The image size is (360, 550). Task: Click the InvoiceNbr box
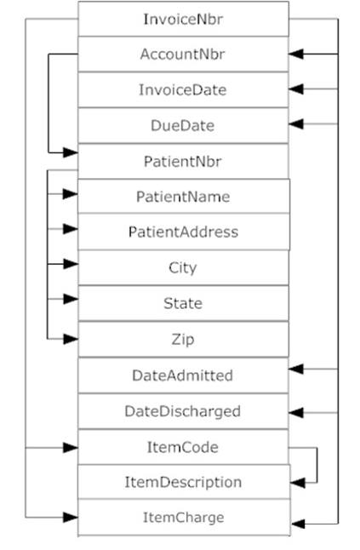coord(183,19)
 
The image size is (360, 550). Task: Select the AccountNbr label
coord(183,54)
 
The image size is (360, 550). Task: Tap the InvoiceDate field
coord(183,89)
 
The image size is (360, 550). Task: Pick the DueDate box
coord(183,125)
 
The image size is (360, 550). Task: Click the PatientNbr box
coord(183,160)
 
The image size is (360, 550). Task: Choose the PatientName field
coord(183,196)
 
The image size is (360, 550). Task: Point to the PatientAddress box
coord(183,232)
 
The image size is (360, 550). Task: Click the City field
coord(183,267)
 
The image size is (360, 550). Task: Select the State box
coord(183,302)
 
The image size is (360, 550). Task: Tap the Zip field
coord(183,338)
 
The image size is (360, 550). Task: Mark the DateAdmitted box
coord(183,375)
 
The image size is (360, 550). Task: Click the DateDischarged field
coord(183,410)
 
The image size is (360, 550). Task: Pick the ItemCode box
coord(183,446)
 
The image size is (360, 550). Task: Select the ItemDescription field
coord(183,482)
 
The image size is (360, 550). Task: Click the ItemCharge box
coord(183,517)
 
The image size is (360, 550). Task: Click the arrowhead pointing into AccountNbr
coord(296,54)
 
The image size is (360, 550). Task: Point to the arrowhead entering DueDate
coord(296,124)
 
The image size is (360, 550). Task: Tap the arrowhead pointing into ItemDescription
coord(296,481)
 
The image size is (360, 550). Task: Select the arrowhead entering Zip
coord(71,338)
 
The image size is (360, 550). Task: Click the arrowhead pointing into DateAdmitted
coord(296,370)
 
